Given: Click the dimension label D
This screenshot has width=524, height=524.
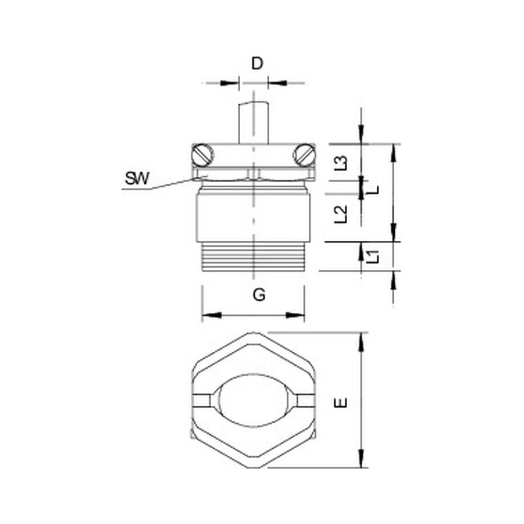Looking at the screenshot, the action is point(257,63).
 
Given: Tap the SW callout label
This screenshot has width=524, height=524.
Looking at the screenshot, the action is point(137,178).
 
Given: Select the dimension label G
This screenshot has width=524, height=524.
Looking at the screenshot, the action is point(259,295).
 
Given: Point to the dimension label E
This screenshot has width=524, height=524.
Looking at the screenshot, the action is point(341,403).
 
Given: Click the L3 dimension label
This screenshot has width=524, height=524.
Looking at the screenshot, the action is point(341,163).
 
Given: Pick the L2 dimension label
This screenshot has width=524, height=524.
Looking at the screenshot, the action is point(341,214).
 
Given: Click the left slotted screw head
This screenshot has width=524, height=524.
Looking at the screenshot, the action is point(202,155).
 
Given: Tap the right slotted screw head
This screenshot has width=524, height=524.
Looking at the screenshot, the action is point(305,155).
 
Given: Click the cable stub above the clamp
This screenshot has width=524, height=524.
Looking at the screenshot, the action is point(254,123).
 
